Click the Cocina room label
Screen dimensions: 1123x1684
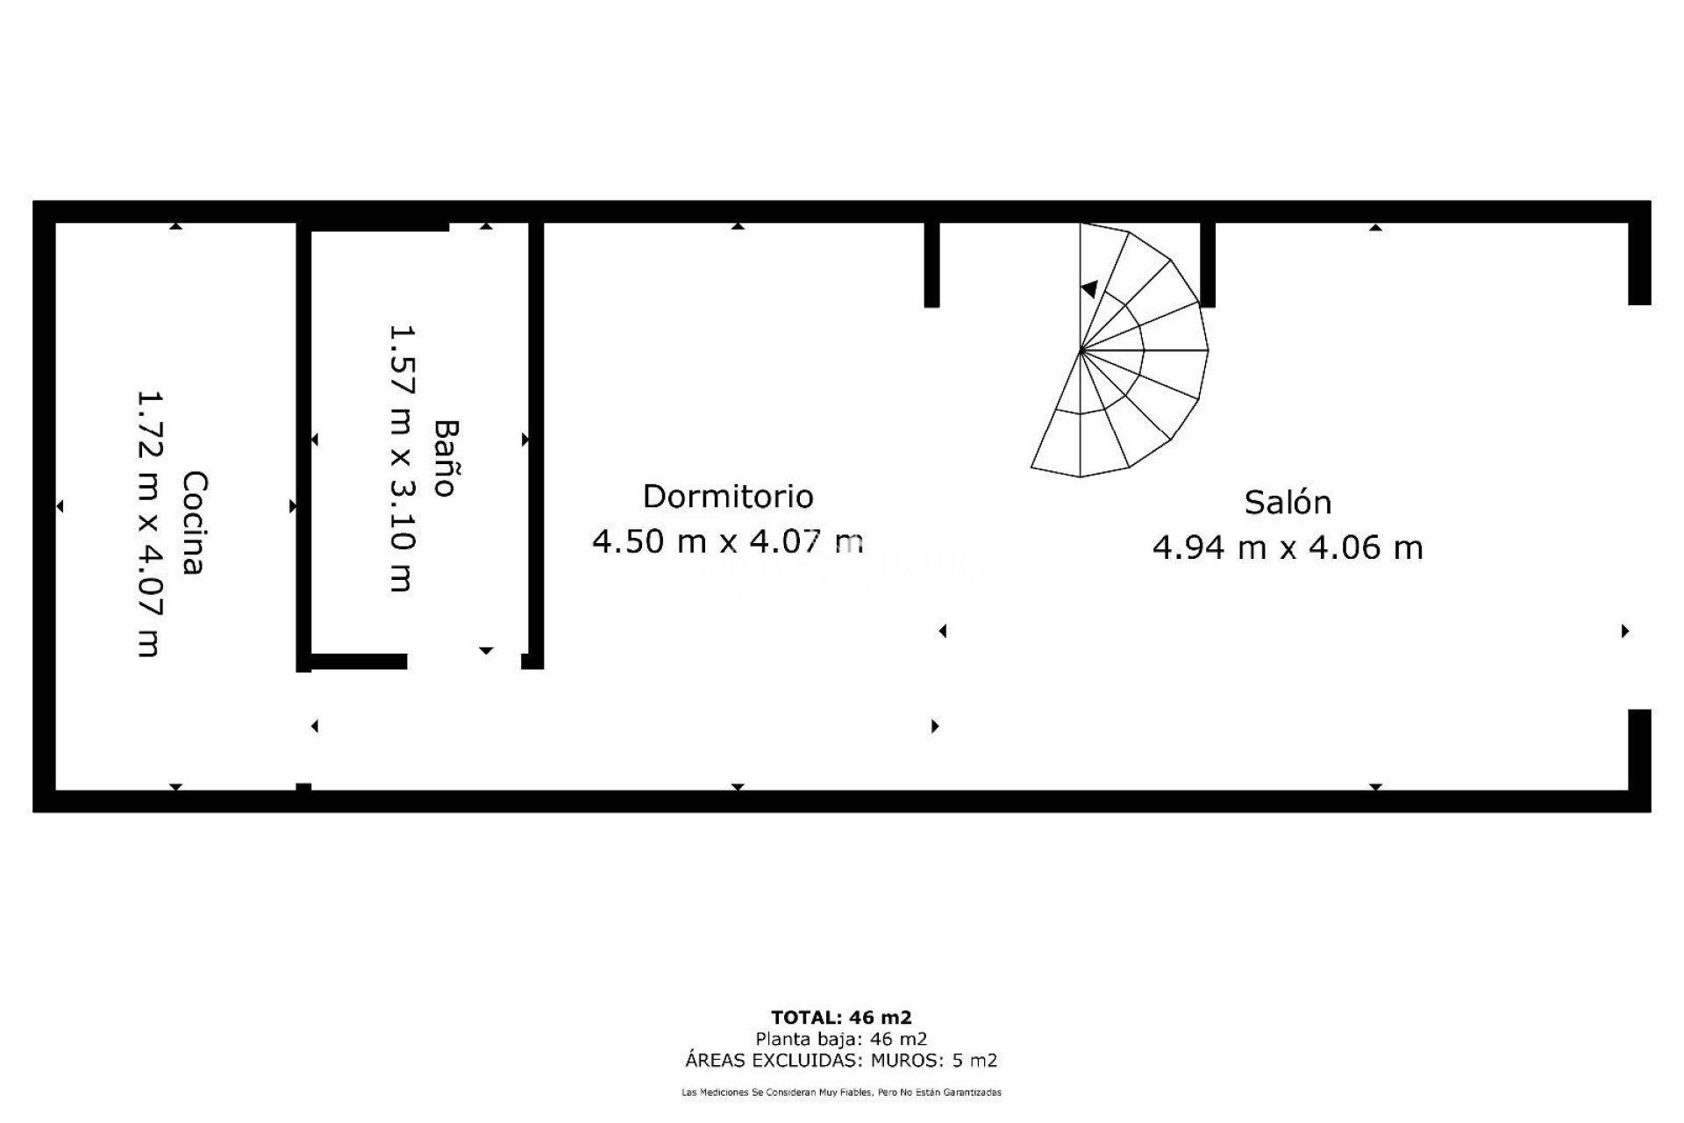(x=194, y=523)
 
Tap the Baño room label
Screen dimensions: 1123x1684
(x=446, y=458)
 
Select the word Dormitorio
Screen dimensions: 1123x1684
(x=728, y=497)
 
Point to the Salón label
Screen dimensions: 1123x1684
(x=1288, y=503)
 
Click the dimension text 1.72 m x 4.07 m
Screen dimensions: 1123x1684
(x=148, y=524)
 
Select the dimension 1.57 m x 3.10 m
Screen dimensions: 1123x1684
(x=401, y=459)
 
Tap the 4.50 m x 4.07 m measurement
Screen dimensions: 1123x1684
(x=728, y=541)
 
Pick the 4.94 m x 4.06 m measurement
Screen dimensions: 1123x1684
(x=1288, y=547)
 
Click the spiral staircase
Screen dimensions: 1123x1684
(x=1131, y=351)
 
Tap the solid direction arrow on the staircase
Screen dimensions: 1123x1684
(x=1089, y=288)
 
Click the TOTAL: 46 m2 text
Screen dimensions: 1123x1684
(x=841, y=1018)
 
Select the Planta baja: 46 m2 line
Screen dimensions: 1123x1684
(x=841, y=1039)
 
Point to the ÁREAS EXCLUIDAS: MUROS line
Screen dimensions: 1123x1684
(x=841, y=1061)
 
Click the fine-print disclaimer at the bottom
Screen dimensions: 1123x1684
(x=841, y=1093)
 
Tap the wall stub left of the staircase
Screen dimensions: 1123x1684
(x=931, y=263)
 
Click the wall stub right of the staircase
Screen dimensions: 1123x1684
(x=1208, y=263)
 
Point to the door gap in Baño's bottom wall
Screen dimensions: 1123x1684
(x=464, y=662)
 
